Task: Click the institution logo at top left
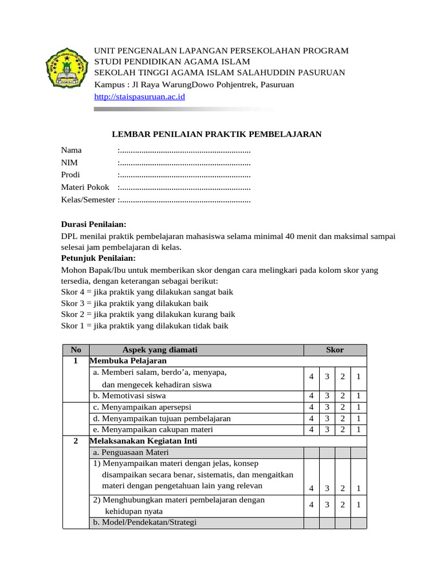(x=67, y=68)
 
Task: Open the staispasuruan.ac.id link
(x=139, y=97)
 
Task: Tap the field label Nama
(x=72, y=150)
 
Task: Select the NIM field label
(x=69, y=163)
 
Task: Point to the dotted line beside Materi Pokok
(x=184, y=187)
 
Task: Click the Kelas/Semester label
(x=88, y=200)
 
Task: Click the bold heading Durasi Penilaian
(x=93, y=224)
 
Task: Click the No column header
(x=76, y=350)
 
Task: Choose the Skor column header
(x=335, y=350)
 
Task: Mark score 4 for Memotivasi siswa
(x=312, y=396)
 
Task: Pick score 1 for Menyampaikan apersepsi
(x=358, y=407)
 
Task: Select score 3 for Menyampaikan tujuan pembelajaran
(x=327, y=418)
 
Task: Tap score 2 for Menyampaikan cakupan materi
(x=343, y=429)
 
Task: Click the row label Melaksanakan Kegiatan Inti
(x=144, y=441)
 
